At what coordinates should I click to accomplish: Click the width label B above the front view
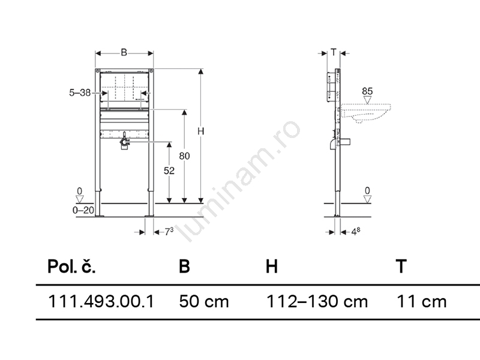(124, 53)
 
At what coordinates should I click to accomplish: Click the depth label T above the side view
(334, 52)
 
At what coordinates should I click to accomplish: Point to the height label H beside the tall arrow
(200, 131)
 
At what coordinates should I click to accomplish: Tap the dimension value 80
(184, 156)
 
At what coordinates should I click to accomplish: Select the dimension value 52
(169, 170)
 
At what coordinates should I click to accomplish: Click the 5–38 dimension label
(80, 92)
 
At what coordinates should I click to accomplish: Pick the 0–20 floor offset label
(83, 210)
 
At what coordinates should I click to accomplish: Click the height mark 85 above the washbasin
(367, 91)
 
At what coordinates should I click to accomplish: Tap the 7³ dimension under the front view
(169, 232)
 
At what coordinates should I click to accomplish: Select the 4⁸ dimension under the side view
(355, 232)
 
